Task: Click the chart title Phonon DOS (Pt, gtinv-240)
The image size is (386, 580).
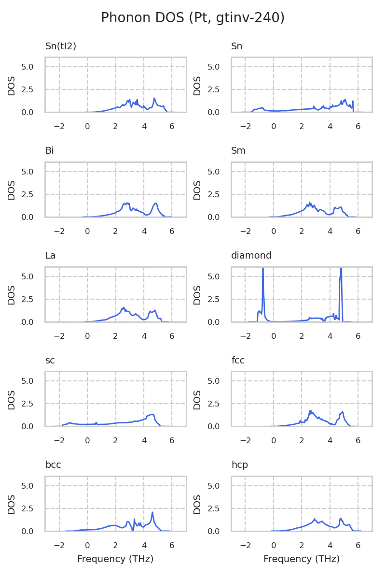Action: pos(193,18)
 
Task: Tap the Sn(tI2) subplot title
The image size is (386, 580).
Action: pos(61,46)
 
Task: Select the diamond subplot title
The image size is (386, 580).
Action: pos(251,256)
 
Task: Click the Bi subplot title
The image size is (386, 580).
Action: pos(49,151)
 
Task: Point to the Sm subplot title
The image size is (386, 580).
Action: pos(238,151)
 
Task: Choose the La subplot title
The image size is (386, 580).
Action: pos(50,256)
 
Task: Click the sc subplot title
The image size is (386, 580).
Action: pos(50,361)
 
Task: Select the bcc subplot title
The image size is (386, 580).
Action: pos(53,465)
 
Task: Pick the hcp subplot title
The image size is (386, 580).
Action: pos(239,465)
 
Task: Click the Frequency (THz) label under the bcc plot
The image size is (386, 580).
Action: pos(115,559)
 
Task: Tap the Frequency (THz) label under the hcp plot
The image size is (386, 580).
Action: pos(302,559)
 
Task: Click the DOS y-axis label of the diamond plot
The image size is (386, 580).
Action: pos(197,294)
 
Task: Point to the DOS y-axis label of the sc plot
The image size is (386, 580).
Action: pos(12,399)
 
